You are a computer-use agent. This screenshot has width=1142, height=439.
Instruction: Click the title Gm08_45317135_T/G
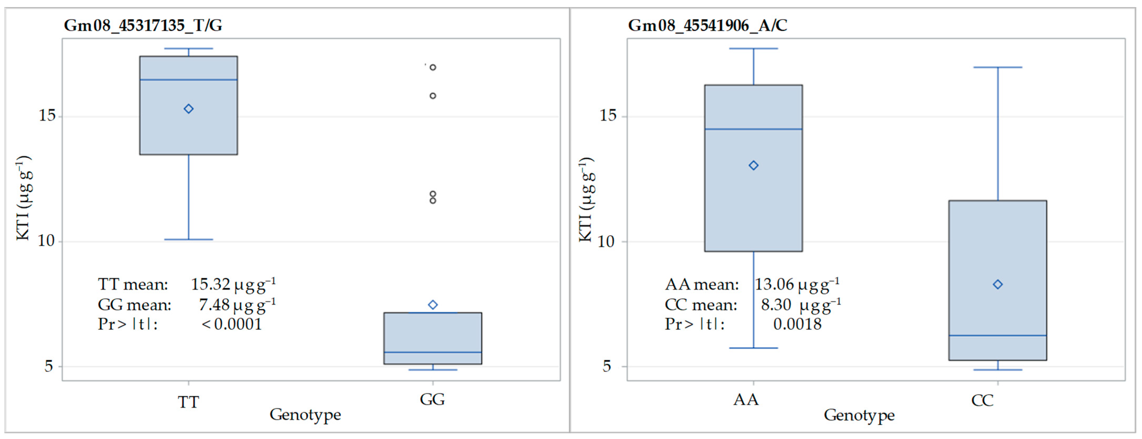point(143,25)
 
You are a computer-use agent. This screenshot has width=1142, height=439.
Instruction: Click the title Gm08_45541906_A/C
point(707,25)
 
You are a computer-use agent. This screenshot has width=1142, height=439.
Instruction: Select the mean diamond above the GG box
point(433,305)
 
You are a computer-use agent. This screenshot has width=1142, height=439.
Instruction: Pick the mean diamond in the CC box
point(998,284)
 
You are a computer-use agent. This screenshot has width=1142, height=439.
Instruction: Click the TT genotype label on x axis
point(188,402)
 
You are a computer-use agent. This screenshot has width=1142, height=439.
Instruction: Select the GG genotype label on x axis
point(432,399)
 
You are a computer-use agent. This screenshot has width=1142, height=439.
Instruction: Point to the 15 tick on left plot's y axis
point(47,116)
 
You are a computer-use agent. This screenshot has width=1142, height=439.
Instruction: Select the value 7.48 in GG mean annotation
point(214,305)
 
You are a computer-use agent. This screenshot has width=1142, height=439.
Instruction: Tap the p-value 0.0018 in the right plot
point(797,324)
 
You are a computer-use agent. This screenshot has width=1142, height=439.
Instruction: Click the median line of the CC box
point(998,335)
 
